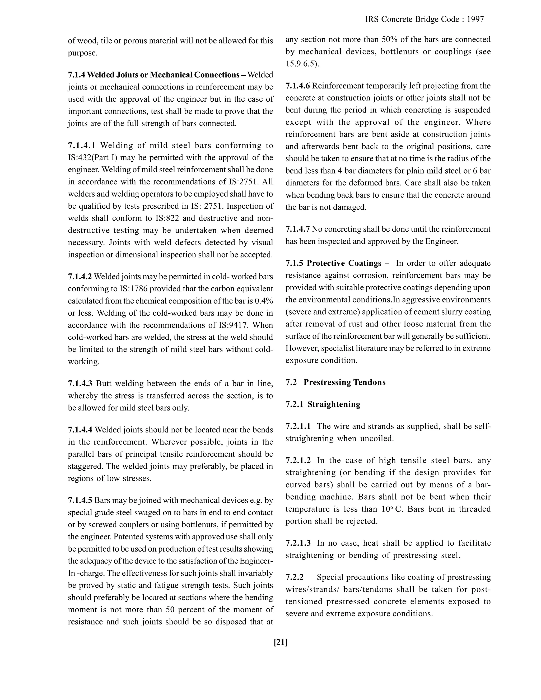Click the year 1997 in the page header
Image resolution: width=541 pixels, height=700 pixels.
[475, 20]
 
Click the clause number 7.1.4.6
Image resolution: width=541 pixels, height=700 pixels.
[298, 86]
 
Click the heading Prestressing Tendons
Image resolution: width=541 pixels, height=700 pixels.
[344, 382]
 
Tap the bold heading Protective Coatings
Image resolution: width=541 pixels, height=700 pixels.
[344, 263]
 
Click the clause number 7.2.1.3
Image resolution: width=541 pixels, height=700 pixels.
[298, 543]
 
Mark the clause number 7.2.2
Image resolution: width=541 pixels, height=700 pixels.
[295, 577]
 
